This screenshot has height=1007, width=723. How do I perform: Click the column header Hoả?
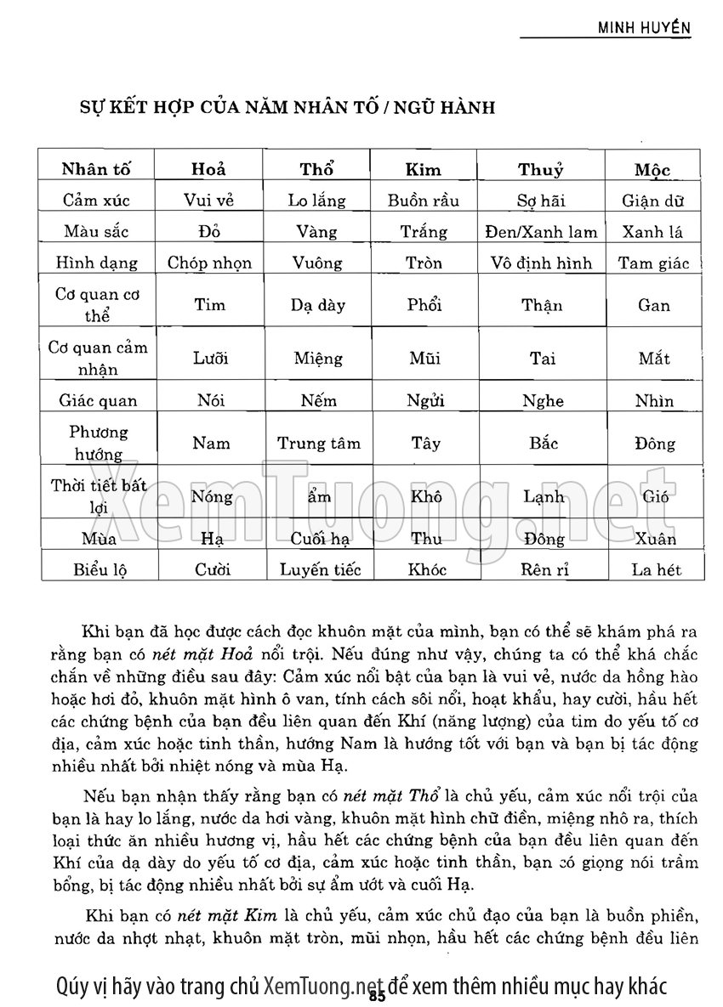pyautogui.click(x=210, y=169)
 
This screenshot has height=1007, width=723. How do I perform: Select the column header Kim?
pyautogui.click(x=424, y=169)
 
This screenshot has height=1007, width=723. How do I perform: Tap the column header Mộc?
pyautogui.click(x=653, y=169)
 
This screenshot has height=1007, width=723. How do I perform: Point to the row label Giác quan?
pyautogui.click(x=99, y=401)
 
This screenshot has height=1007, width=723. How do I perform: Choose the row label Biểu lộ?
pyautogui.click(x=99, y=569)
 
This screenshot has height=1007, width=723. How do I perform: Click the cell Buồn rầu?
pyautogui.click(x=424, y=201)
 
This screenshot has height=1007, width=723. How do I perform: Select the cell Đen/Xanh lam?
pyautogui.click(x=542, y=231)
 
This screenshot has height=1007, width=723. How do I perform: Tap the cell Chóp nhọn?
pyautogui.click(x=210, y=263)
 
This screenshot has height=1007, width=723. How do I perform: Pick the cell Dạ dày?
pyautogui.click(x=318, y=305)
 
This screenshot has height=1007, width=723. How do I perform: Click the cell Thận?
pyautogui.click(x=542, y=305)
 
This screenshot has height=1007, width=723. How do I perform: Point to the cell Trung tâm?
pyautogui.click(x=318, y=444)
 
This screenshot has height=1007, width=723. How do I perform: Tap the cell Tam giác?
pyautogui.click(x=654, y=263)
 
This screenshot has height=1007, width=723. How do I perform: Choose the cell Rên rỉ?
pyautogui.click(x=543, y=569)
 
